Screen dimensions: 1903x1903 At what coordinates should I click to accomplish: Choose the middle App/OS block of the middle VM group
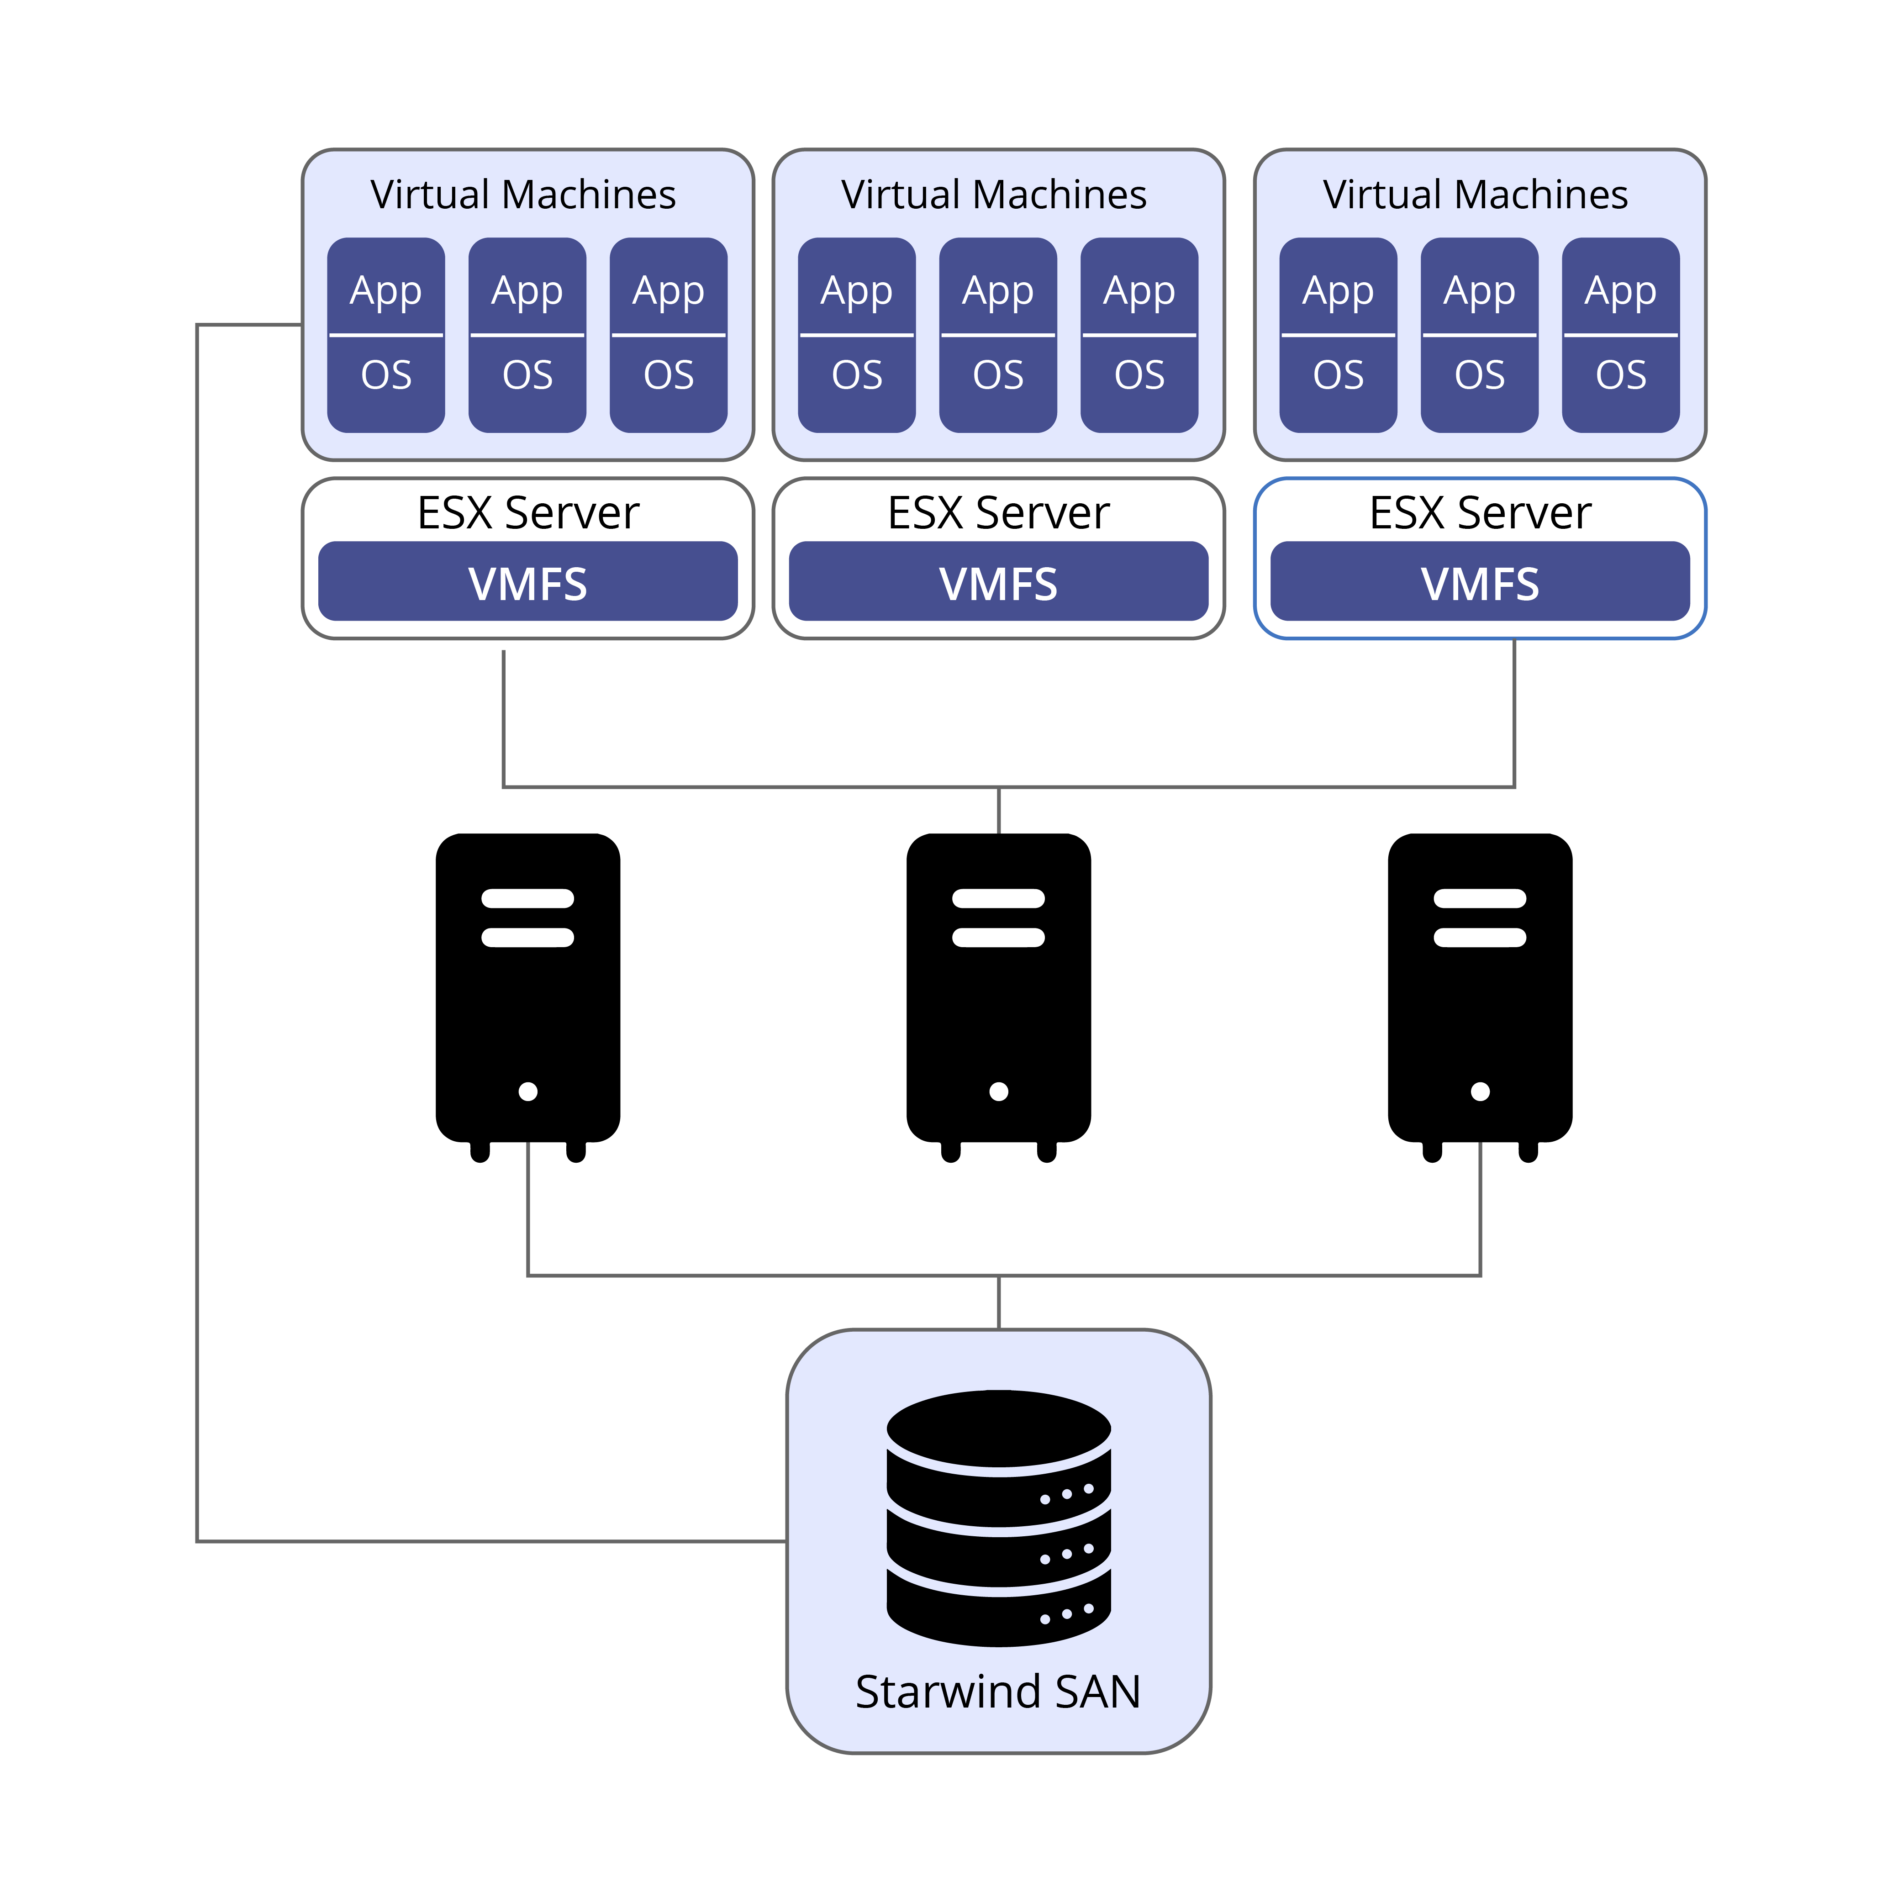click(x=998, y=335)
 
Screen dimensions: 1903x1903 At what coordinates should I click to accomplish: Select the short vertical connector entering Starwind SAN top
click(x=999, y=1302)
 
